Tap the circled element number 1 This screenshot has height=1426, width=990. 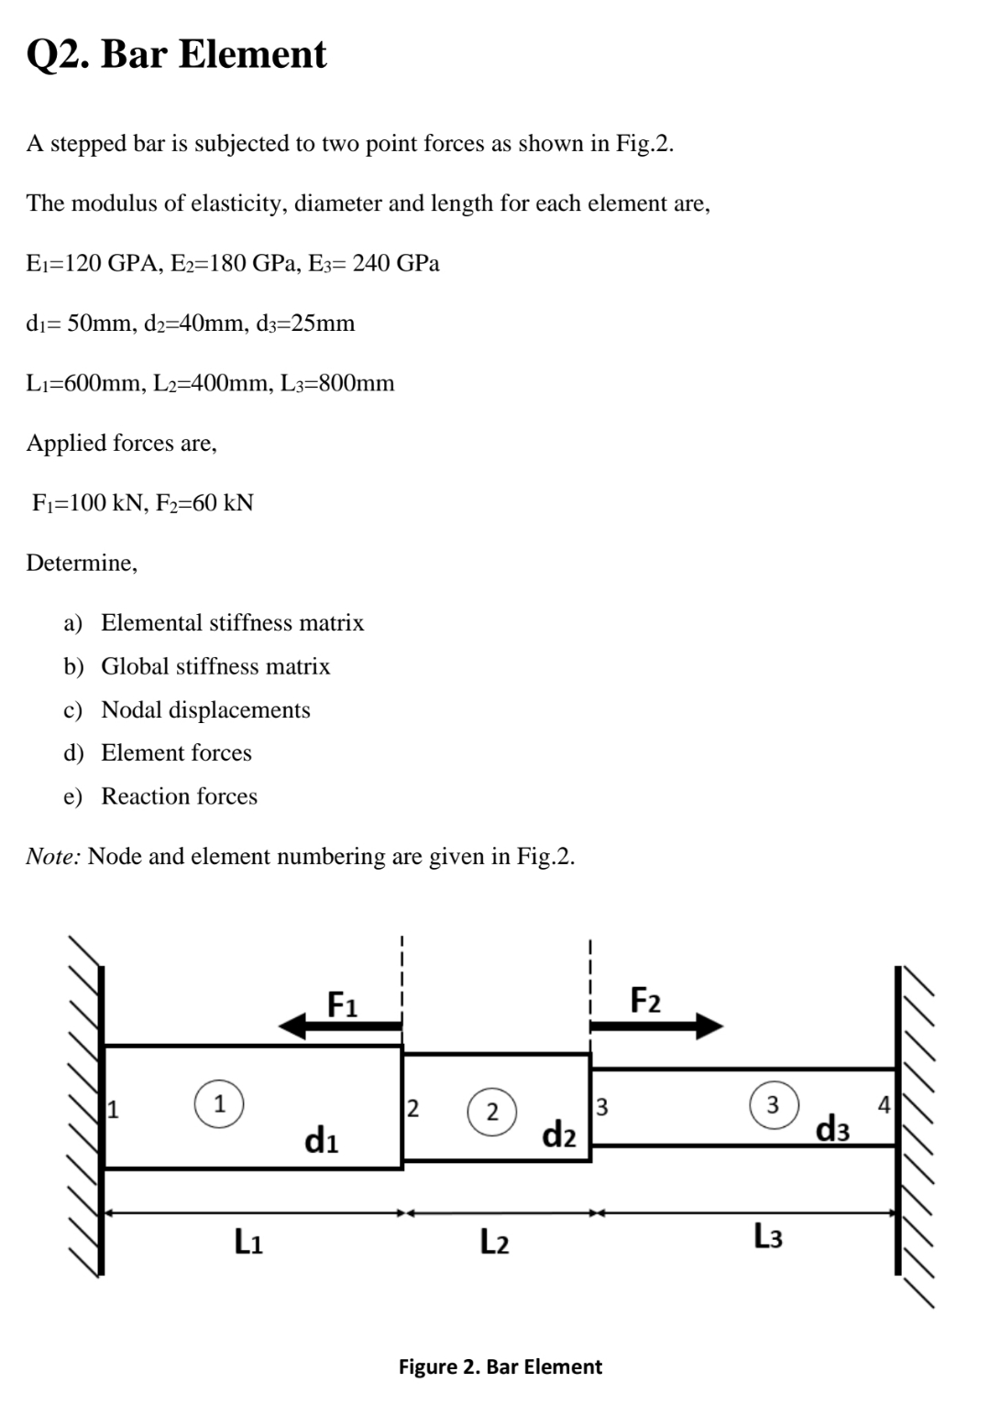[218, 1103]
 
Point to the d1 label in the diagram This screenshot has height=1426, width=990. [321, 1142]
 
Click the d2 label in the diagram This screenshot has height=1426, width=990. [559, 1135]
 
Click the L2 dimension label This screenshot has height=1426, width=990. [495, 1243]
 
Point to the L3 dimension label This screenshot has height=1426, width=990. [768, 1236]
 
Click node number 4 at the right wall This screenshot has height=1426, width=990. [884, 1103]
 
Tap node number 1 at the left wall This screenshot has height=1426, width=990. [114, 1113]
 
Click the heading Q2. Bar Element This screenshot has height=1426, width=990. [176, 54]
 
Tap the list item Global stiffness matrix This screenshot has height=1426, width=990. [215, 666]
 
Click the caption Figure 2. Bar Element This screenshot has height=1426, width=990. [500, 1366]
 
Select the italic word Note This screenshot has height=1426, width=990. [53, 856]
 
